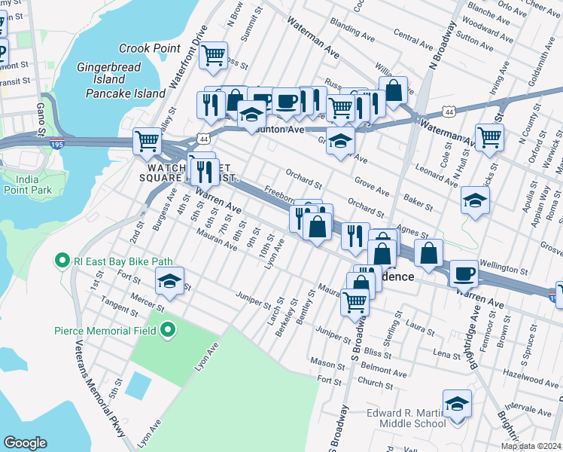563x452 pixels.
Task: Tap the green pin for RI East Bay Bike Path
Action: pyautogui.click(x=62, y=261)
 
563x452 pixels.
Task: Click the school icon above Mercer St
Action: pyautogui.click(x=169, y=282)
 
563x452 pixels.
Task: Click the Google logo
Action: pyautogui.click(x=25, y=443)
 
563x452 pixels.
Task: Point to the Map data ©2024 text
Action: pyautogui.click(x=530, y=446)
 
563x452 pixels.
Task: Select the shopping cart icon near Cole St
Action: pyautogui.click(x=489, y=138)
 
